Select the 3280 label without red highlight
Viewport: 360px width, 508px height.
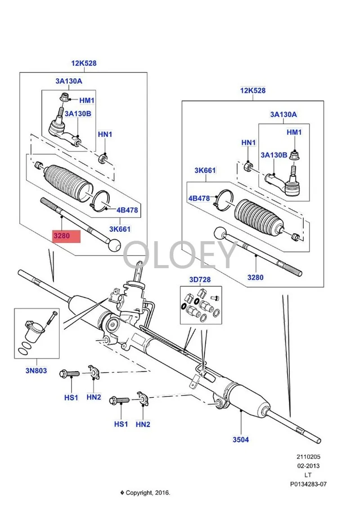[x=255, y=277]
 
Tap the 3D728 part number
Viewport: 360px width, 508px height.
[x=200, y=280]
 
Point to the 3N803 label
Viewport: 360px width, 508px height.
[x=36, y=372]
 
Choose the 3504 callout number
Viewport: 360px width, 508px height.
[x=240, y=440]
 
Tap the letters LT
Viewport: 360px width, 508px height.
[x=308, y=475]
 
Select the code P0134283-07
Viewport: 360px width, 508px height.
[x=308, y=484]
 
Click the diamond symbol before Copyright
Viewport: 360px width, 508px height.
[x=121, y=493]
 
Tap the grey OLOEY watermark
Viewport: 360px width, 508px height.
[x=180, y=255]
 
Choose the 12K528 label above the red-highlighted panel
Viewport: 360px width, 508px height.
[x=84, y=63]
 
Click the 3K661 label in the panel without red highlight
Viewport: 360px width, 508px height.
[x=205, y=171]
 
